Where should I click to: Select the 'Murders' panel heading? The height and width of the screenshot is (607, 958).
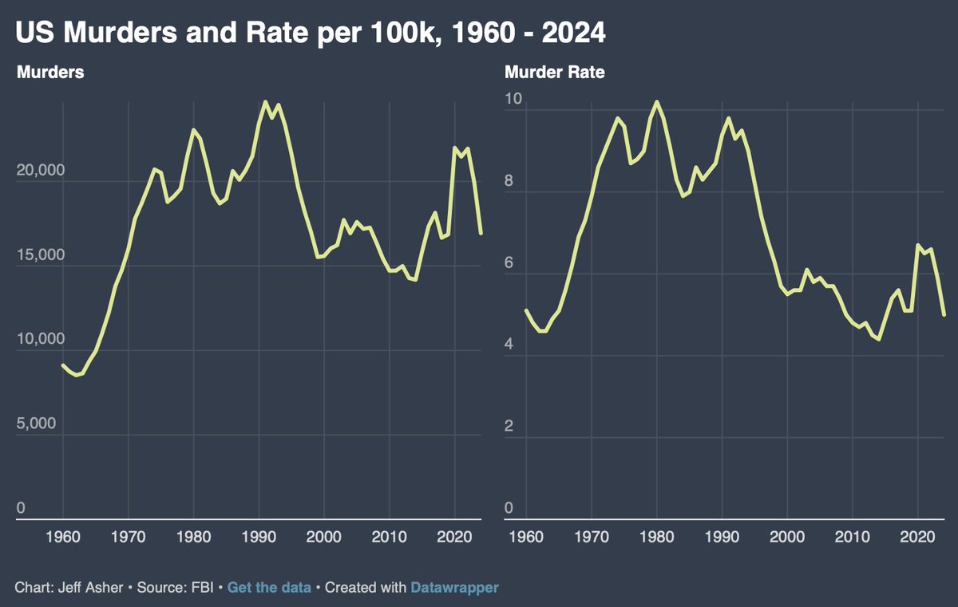click(50, 73)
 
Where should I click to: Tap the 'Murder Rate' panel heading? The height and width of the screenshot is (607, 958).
click(555, 73)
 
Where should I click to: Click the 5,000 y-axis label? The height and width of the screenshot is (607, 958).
click(36, 424)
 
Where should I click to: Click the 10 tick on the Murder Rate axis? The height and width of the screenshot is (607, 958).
click(513, 100)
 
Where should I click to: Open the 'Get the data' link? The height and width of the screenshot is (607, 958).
click(269, 588)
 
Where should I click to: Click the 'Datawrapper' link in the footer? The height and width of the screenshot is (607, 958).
click(454, 588)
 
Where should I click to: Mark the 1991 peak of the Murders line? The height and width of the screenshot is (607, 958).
click(265, 101)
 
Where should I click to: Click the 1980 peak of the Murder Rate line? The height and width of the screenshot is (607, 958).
click(656, 101)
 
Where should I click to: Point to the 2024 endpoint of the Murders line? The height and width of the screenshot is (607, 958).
click(481, 234)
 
